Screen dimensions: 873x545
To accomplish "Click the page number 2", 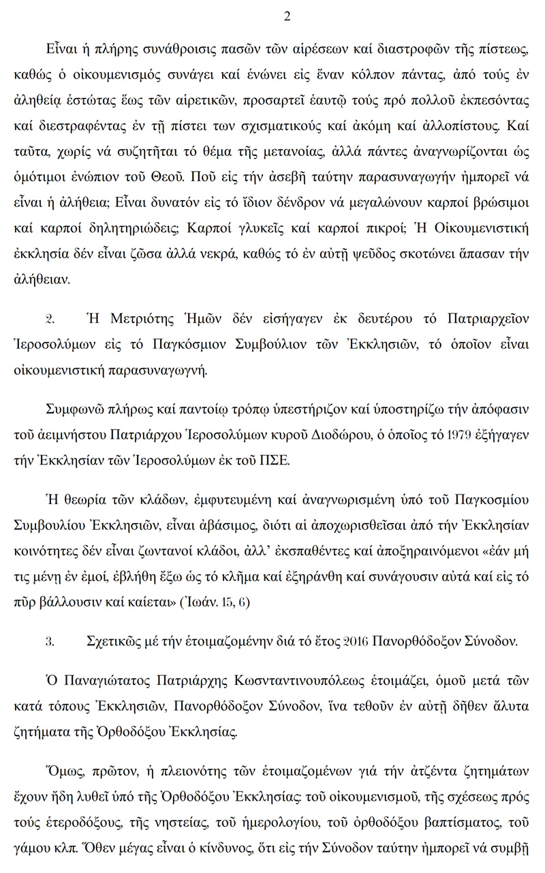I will click(x=286, y=17).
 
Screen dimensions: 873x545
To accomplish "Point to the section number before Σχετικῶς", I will click(x=48, y=641).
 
